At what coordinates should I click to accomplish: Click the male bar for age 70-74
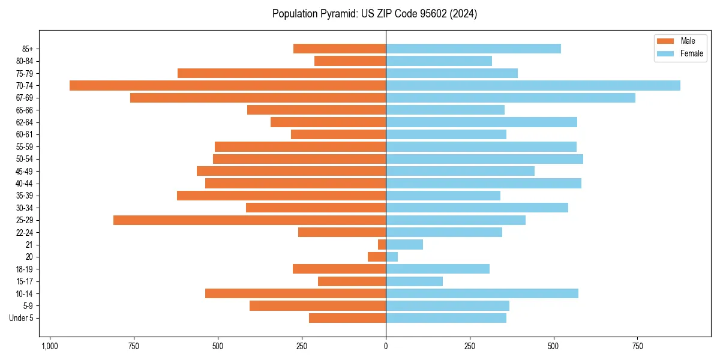(x=227, y=86)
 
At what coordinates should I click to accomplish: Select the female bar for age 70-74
(x=533, y=86)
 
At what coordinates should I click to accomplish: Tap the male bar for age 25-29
(x=250, y=220)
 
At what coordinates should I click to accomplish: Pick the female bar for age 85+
(x=473, y=49)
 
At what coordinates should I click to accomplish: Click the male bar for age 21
(x=382, y=245)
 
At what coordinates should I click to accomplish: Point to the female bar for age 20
(x=392, y=257)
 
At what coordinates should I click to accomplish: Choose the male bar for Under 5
(x=347, y=318)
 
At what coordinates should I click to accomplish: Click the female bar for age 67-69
(x=511, y=98)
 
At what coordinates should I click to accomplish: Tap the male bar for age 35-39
(x=281, y=196)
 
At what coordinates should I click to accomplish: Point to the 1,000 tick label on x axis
(x=49, y=346)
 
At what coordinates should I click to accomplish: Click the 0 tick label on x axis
(x=386, y=346)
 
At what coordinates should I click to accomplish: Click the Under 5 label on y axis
(x=22, y=318)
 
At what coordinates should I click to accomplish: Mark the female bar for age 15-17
(x=414, y=281)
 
